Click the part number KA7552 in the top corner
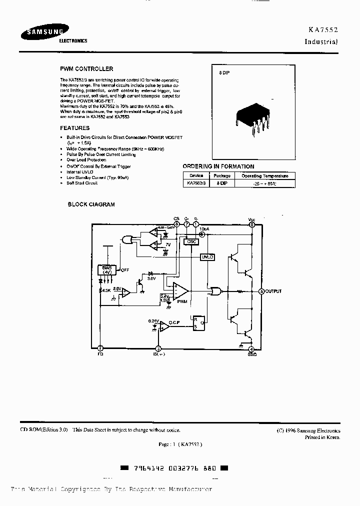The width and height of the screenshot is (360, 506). click(x=322, y=30)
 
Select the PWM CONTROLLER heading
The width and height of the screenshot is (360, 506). click(x=86, y=69)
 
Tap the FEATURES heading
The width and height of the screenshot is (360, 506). click(x=75, y=128)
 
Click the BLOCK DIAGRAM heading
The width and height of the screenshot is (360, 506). click(x=91, y=204)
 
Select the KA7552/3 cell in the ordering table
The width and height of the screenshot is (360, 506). click(x=195, y=183)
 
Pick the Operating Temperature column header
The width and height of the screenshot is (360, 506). click(x=264, y=176)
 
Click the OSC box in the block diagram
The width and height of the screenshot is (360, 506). click(x=191, y=241)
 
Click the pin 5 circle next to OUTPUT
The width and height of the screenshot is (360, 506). click(x=261, y=291)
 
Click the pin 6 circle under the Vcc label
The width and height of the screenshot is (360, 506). click(x=252, y=225)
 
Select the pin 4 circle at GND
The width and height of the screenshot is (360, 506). click(x=251, y=349)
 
